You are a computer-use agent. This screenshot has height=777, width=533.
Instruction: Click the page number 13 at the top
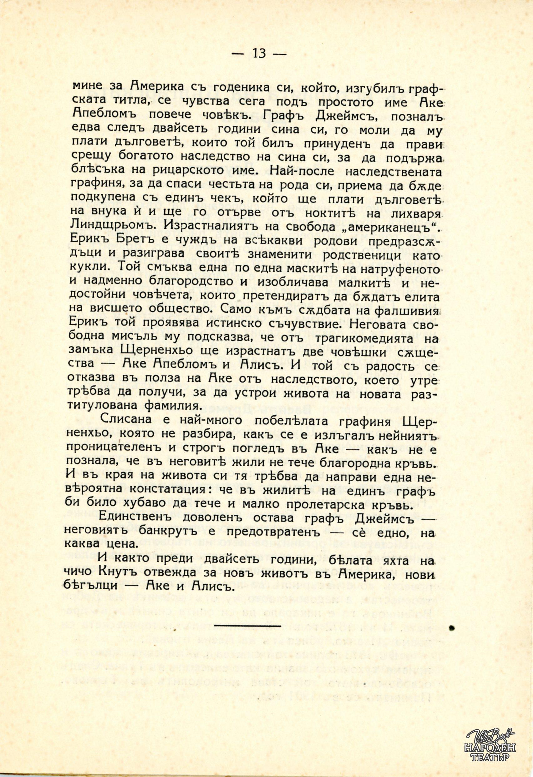point(259,53)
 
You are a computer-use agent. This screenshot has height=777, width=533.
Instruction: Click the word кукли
point(88,269)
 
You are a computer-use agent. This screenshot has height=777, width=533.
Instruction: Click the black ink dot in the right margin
point(452,628)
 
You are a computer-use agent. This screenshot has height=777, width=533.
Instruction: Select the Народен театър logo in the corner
point(490,746)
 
